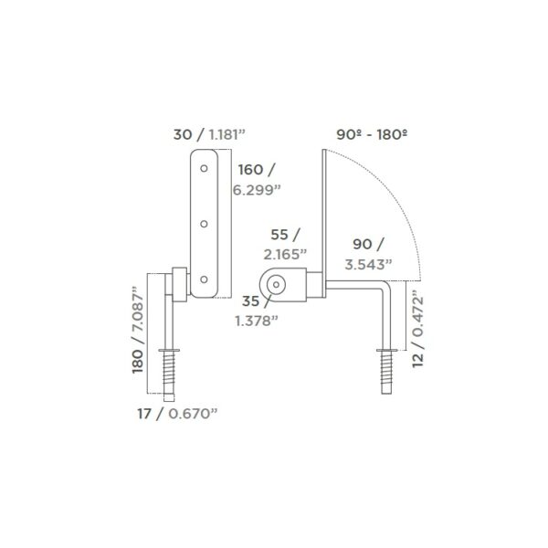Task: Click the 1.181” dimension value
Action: click(227, 134)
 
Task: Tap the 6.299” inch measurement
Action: click(257, 190)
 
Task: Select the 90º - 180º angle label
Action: click(372, 134)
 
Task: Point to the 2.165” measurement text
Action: click(285, 255)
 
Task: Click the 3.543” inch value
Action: click(369, 265)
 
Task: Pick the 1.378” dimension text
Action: click(257, 321)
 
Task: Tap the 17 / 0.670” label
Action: click(177, 414)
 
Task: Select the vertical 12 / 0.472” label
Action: click(417, 332)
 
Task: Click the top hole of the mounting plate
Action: click(204, 168)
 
